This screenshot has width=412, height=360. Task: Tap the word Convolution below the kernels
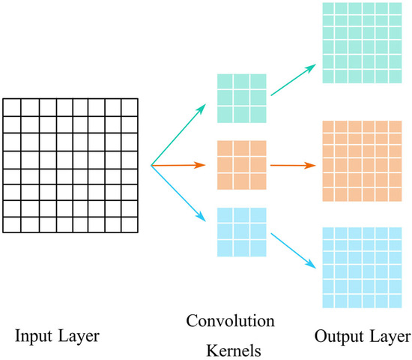231,321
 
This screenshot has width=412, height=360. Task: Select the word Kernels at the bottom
234,350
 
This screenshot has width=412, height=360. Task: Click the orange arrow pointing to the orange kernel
178,165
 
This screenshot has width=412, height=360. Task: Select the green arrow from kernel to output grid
293,79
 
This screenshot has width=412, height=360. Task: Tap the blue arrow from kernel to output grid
293,250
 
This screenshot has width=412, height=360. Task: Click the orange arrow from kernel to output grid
293,165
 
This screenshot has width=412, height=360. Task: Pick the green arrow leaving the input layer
178,134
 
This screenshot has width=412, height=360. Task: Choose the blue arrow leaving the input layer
178,193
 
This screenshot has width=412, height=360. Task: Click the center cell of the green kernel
241,98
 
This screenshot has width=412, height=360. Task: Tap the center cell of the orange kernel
241,165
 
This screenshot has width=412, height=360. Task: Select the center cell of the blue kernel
241,232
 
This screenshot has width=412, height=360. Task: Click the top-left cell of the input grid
12,107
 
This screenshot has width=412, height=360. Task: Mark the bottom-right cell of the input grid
130,225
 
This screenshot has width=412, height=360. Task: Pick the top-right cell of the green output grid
396,8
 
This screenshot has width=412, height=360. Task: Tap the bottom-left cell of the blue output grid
328,301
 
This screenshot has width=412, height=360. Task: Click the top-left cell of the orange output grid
328,127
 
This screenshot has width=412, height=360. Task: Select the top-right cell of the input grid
130,107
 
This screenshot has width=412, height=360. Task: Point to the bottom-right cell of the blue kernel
258,248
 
